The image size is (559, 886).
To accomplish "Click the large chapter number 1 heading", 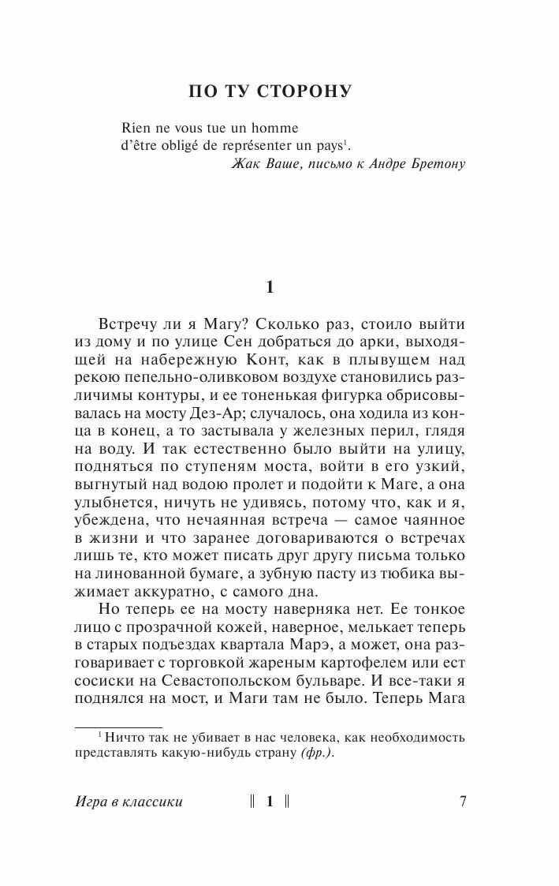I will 270,288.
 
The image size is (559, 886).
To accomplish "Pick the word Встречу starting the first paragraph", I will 131,325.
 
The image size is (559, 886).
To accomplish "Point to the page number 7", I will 463,802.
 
